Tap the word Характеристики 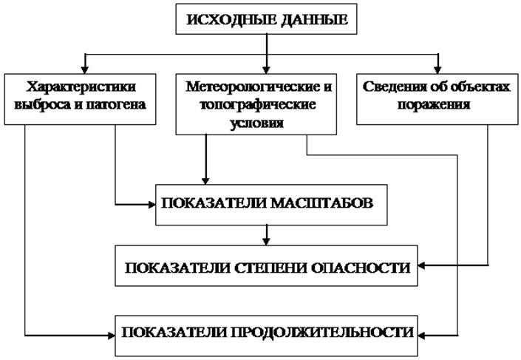[83, 86]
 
